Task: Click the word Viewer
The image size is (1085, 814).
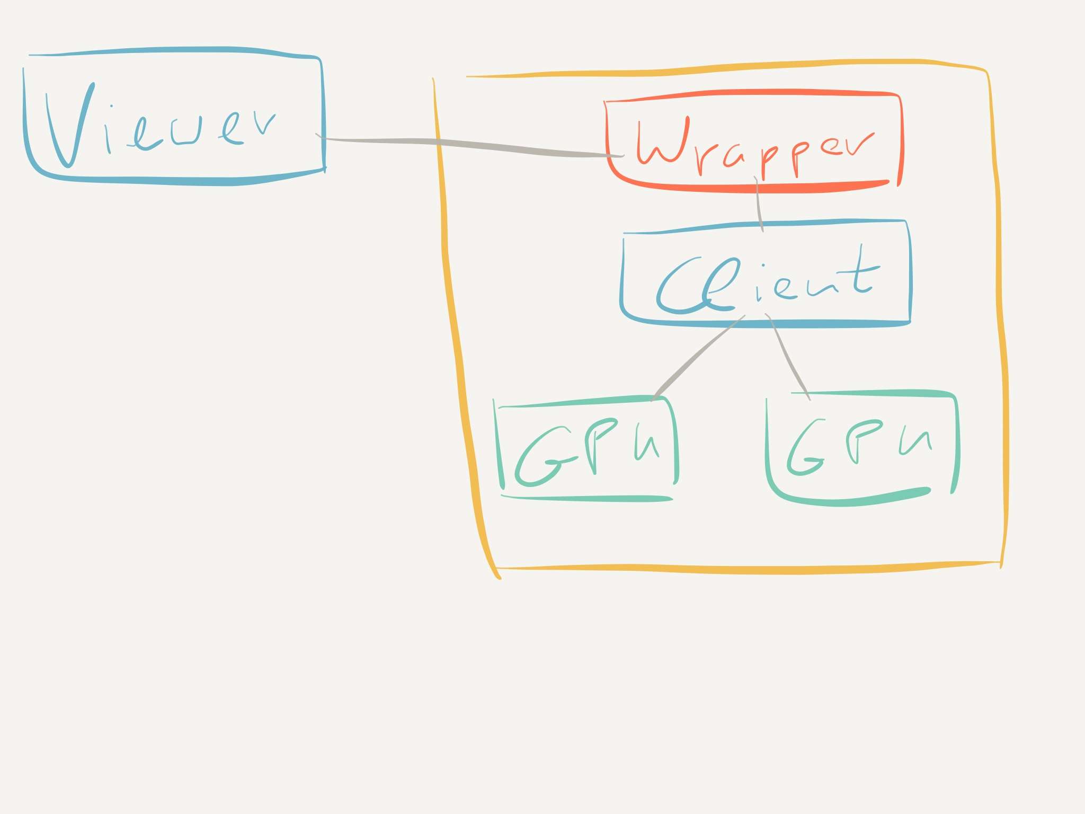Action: click(159, 127)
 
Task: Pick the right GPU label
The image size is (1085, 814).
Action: click(858, 448)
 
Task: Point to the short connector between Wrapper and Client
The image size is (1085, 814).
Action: click(759, 204)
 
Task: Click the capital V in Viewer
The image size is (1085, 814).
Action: click(69, 127)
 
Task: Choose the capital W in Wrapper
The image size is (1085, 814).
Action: click(662, 143)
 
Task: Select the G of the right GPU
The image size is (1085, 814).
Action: click(805, 450)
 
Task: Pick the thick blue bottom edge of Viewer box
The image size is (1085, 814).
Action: click(175, 181)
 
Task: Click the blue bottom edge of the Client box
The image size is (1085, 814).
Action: click(768, 323)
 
